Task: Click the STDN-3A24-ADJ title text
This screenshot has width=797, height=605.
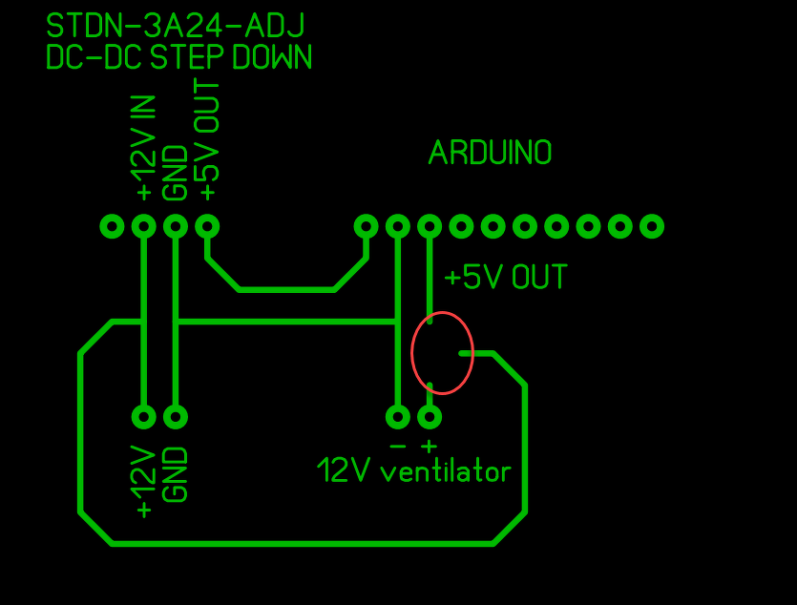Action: (x=176, y=26)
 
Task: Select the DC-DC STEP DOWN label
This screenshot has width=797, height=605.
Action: (x=178, y=57)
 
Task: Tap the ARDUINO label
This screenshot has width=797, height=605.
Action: (x=490, y=153)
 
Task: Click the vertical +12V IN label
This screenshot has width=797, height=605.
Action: (x=144, y=148)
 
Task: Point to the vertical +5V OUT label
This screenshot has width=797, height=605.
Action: (x=207, y=141)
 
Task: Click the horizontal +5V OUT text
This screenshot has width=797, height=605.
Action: (x=505, y=278)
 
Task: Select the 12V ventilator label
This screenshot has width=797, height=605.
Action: (x=414, y=470)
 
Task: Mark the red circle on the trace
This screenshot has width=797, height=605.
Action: (x=442, y=353)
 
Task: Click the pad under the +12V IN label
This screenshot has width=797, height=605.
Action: (x=144, y=226)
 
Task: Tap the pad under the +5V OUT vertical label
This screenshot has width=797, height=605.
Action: (x=207, y=226)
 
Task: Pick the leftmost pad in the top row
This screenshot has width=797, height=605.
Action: (x=113, y=226)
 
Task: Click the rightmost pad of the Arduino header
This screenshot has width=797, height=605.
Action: (x=652, y=226)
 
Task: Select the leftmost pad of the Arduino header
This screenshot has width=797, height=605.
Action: (x=366, y=226)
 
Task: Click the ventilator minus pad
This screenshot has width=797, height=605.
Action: (x=398, y=417)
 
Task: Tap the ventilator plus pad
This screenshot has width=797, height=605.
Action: (x=430, y=417)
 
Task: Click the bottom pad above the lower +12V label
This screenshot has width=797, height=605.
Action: (x=144, y=417)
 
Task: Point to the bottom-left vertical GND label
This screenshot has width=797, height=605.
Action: (x=176, y=474)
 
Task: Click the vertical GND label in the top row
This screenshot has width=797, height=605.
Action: (x=176, y=173)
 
